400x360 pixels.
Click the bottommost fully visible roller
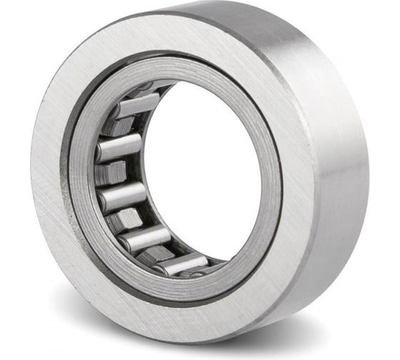click(180, 264)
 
